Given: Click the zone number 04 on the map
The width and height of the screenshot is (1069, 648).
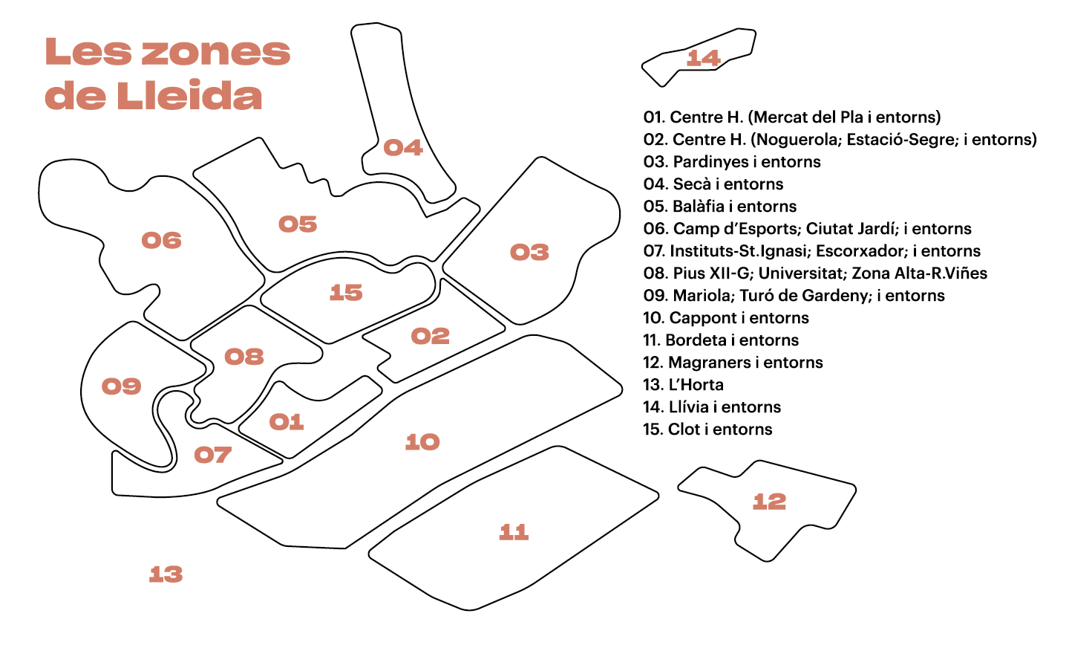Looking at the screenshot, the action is [x=403, y=148].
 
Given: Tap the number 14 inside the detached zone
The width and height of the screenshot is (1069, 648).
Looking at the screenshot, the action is [x=704, y=58].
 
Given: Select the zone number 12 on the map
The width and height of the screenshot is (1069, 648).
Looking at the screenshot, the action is [x=769, y=502].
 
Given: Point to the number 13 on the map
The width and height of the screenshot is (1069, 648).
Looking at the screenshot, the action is [x=166, y=574].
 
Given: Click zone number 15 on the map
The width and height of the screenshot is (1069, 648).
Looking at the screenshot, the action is [x=346, y=293].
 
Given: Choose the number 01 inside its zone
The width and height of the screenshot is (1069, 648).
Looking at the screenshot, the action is [x=287, y=422].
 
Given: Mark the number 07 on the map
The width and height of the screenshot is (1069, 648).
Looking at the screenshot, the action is [x=213, y=455].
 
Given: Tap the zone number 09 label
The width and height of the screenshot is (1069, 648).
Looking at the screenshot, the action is [x=122, y=386].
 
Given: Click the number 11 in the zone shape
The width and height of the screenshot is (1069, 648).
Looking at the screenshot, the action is [x=514, y=532].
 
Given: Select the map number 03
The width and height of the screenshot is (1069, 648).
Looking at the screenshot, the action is [x=530, y=253].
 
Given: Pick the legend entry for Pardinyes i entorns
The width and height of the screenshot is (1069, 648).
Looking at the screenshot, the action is [x=732, y=162].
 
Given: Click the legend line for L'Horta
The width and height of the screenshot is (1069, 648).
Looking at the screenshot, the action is [x=684, y=385].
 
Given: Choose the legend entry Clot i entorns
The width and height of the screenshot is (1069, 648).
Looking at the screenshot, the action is [x=707, y=430].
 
